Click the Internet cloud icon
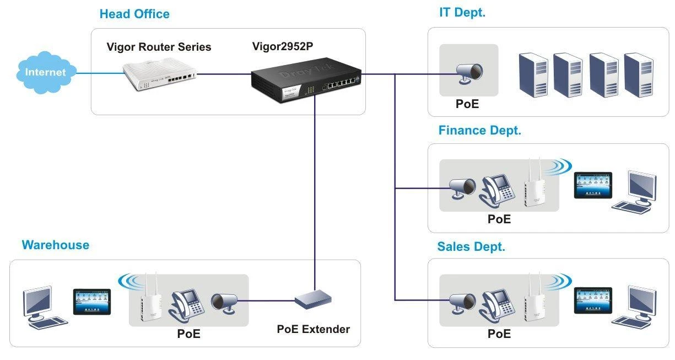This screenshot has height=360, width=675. [45, 72]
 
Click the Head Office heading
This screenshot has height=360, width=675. [134, 14]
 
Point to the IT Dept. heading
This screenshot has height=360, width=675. [462, 13]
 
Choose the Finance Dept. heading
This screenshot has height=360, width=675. [479, 131]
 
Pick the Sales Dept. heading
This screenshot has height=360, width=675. [471, 246]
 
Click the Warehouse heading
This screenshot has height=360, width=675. [55, 245]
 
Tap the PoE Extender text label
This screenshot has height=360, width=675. [313, 329]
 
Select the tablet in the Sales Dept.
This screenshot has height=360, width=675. [593, 300]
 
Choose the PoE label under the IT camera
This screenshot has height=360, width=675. [467, 104]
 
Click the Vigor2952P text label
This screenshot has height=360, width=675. [283, 46]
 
